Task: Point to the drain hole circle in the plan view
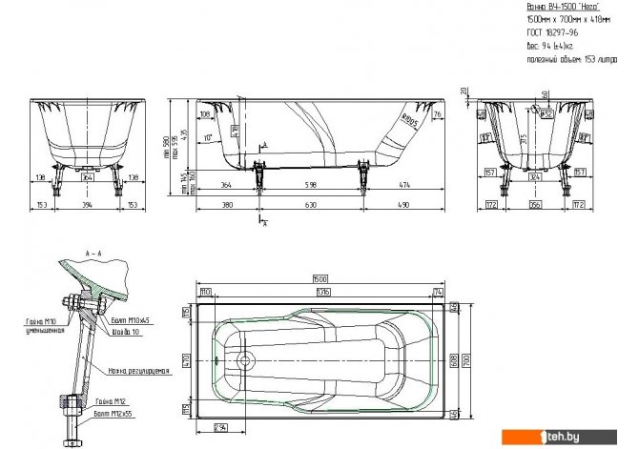(x=246, y=361)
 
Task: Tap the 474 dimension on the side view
(x=404, y=184)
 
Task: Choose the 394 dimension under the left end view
(x=88, y=204)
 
